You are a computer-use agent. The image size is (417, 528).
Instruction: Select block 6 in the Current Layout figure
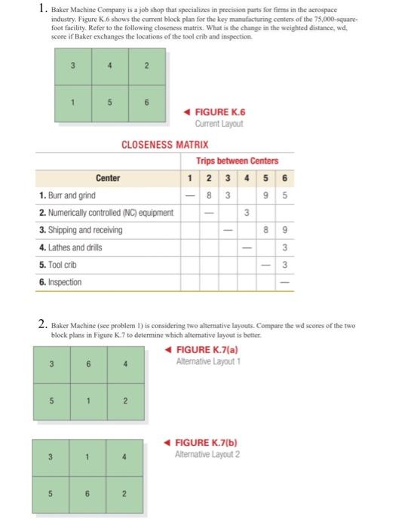tap(147, 101)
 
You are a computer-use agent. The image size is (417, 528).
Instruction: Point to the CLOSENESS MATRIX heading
tap(164, 143)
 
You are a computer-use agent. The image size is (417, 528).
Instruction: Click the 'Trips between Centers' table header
tap(238, 161)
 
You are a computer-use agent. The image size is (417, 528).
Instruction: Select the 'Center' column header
tap(108, 179)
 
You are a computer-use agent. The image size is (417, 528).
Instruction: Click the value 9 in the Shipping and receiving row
tap(284, 230)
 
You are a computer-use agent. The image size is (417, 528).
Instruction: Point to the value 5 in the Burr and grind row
tap(284, 195)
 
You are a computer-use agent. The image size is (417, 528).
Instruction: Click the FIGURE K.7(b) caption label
tap(204, 443)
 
